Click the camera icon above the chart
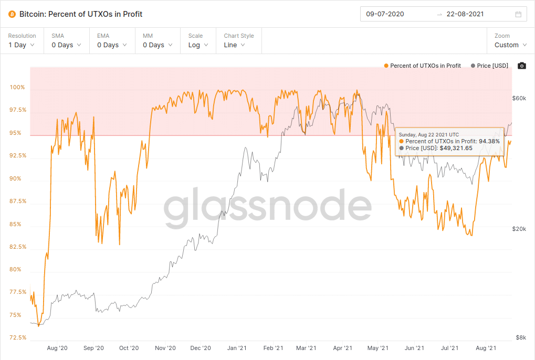[x=521, y=66]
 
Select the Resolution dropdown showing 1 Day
[x=22, y=45]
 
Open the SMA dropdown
[x=66, y=45]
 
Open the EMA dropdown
[x=112, y=45]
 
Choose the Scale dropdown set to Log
[x=198, y=45]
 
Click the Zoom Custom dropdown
[x=510, y=45]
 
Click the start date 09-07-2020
[x=385, y=14]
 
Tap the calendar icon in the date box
[x=518, y=14]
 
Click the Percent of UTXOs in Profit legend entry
[x=423, y=66]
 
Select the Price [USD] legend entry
[x=490, y=66]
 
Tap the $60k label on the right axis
[x=519, y=98]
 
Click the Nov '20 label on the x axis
[x=165, y=348]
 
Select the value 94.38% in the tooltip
[x=489, y=141]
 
